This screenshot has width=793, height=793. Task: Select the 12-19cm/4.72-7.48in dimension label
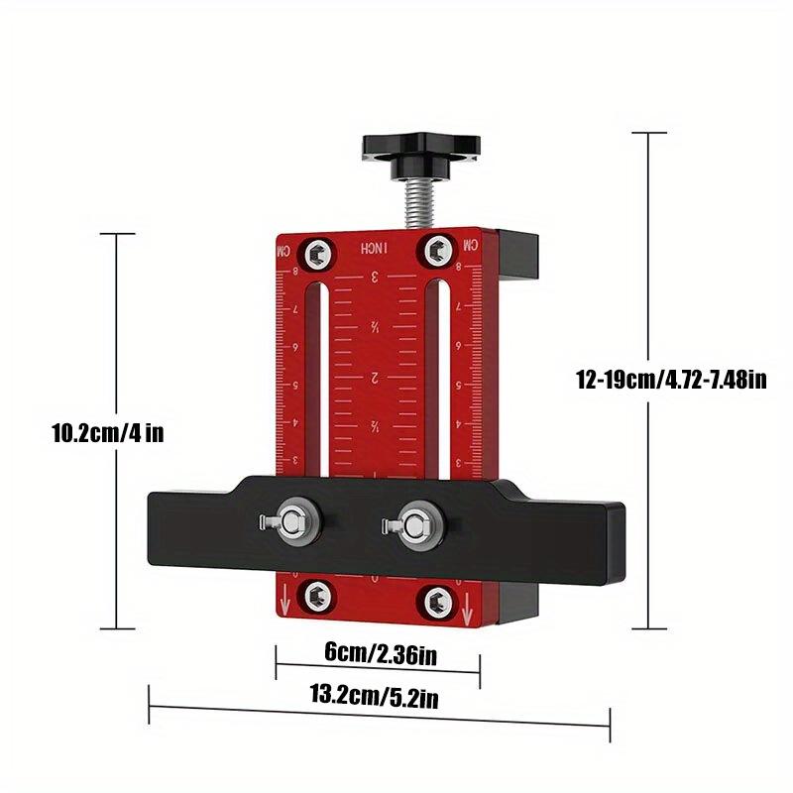tap(671, 378)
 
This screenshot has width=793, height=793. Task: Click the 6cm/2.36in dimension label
tap(380, 653)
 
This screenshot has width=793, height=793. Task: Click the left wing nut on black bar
tap(290, 520)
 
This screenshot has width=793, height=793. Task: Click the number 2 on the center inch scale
tap(376, 378)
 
